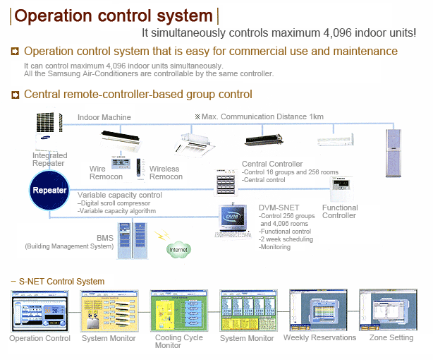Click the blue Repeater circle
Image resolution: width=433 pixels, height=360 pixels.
pos(49,191)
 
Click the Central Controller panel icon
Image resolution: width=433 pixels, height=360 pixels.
pos(227,183)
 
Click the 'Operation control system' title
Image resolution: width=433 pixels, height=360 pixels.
pos(114,16)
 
